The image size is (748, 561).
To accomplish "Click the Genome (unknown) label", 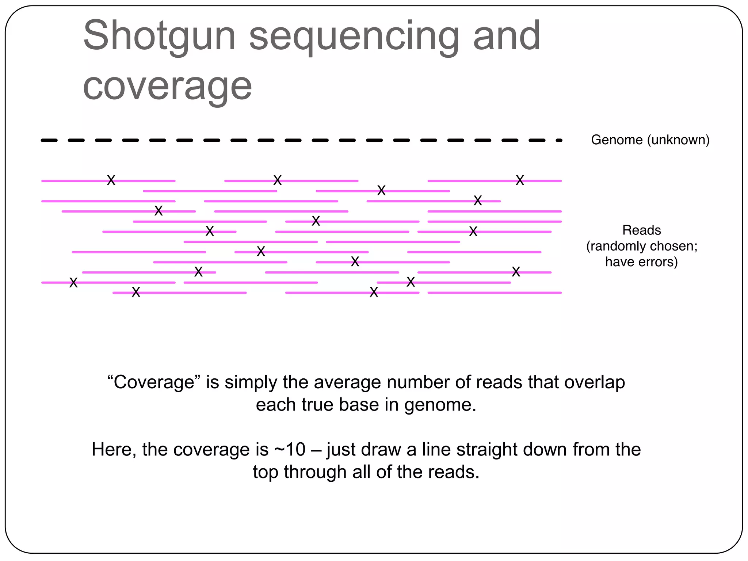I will pyautogui.click(x=650, y=140).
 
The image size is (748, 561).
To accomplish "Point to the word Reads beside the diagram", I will pyautogui.click(x=641, y=230).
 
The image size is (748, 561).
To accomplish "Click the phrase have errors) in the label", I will pyautogui.click(x=641, y=262).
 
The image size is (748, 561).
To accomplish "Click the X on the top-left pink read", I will pyautogui.click(x=111, y=180).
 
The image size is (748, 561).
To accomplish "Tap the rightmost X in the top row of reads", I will pyautogui.click(x=520, y=180).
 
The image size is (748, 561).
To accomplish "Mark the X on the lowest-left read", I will pyautogui.click(x=136, y=292).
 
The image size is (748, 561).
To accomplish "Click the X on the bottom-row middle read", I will pyautogui.click(x=374, y=292).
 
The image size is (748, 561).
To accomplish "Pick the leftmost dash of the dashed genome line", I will pyautogui.click(x=49, y=140).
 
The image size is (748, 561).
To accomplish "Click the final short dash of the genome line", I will pyautogui.click(x=559, y=140).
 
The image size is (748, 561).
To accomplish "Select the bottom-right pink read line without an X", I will pyautogui.click(x=494, y=293).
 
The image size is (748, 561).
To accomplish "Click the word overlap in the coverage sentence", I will pyautogui.click(x=594, y=382).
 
